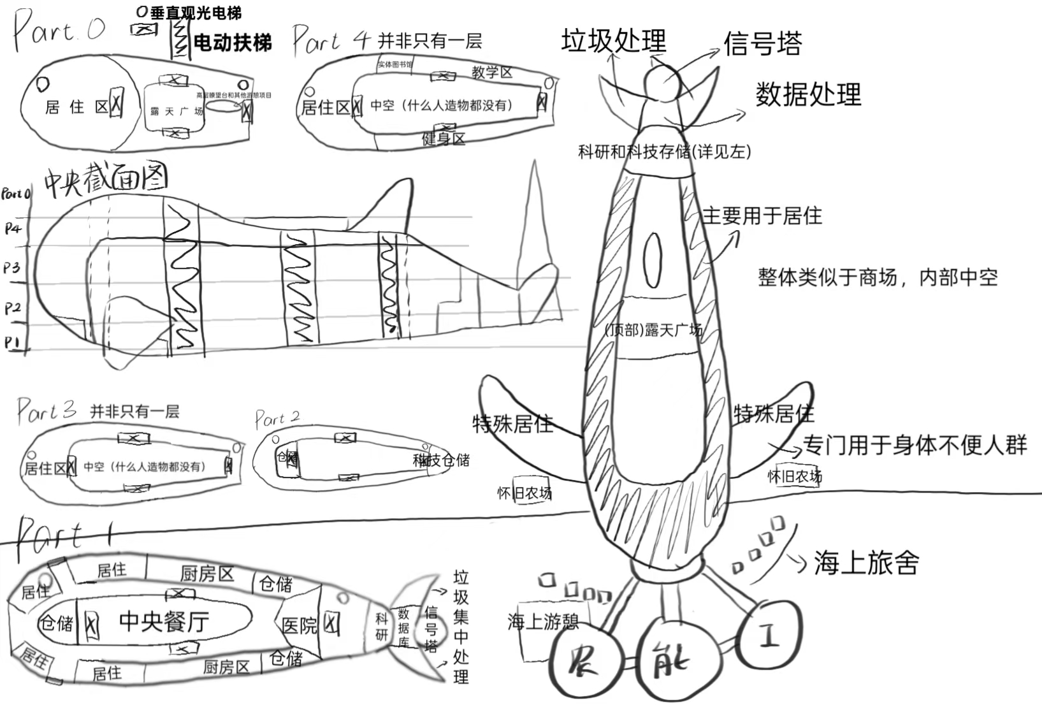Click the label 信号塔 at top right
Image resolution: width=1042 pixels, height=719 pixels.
(762, 43)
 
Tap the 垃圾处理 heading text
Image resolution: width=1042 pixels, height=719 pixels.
(613, 41)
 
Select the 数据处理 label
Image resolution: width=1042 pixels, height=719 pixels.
(808, 94)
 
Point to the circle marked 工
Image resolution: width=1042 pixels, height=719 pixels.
(769, 635)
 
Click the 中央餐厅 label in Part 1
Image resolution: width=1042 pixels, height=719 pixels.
(164, 621)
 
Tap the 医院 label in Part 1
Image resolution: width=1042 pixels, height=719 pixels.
(299, 626)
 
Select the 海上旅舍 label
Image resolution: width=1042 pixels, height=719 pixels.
(866, 563)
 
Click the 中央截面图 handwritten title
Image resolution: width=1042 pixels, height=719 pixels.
(106, 178)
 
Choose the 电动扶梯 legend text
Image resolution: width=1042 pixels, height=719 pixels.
(232, 43)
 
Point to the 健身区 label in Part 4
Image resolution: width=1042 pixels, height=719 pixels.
(444, 138)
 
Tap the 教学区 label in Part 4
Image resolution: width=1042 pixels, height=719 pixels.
(491, 72)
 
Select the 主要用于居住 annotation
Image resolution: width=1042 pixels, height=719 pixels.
(762, 215)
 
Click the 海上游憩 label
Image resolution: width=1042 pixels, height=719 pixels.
(543, 621)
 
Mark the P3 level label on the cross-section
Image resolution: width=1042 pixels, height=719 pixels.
(12, 268)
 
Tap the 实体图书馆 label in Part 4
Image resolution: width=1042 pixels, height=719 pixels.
(395, 64)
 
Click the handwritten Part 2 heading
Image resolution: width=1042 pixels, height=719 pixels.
(277, 419)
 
